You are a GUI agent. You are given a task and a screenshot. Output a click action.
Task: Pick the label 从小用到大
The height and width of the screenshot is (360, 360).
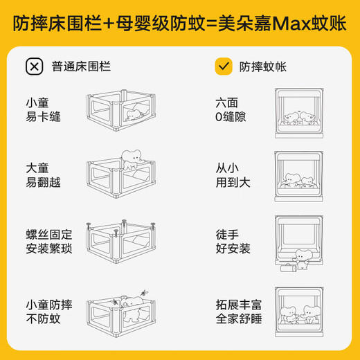tap(230, 173)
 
